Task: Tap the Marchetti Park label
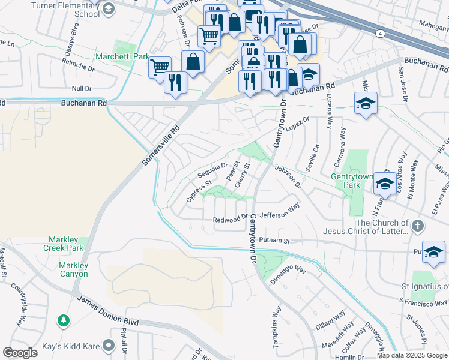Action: [122, 57]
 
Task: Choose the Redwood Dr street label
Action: [230, 220]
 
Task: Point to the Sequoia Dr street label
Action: [212, 170]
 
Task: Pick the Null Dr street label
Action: [80, 88]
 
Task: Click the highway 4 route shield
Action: [381, 34]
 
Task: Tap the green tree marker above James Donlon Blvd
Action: [63, 321]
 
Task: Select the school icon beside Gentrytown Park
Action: [384, 183]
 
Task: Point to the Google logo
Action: [20, 353]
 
